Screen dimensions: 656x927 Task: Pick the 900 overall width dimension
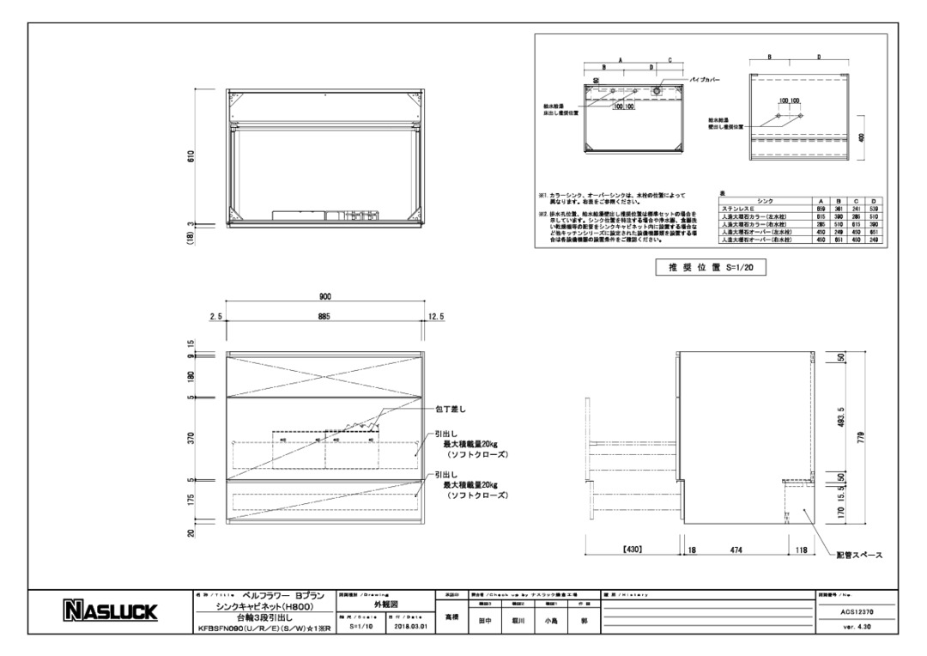[324, 296]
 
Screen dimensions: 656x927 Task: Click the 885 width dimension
[324, 317]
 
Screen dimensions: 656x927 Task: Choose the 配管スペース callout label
[859, 556]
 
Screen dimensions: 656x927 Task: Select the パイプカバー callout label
[705, 79]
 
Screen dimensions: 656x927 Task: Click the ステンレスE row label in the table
[740, 209]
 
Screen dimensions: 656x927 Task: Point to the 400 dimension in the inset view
[862, 137]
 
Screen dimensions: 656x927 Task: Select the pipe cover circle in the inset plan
[657, 89]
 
